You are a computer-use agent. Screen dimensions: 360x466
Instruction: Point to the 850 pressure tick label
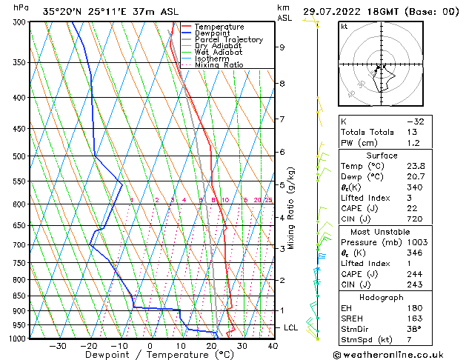tap(19, 296)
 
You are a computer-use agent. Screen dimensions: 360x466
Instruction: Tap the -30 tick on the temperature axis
tap(57, 345)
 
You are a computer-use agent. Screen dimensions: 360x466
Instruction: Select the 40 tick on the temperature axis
tap(273, 345)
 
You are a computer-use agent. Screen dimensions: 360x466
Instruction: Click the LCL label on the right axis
tap(292, 327)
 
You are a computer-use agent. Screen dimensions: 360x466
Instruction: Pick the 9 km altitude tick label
tap(282, 47)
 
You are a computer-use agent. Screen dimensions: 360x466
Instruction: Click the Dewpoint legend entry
tap(213, 33)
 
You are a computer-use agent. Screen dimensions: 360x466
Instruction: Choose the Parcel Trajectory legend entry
tap(228, 40)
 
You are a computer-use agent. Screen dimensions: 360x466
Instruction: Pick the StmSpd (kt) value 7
tap(433, 339)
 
